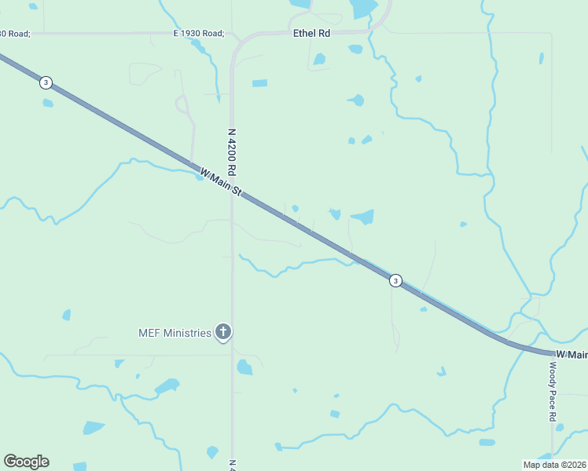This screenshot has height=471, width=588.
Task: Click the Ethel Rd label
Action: (x=311, y=35)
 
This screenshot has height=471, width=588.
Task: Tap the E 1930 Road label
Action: (x=199, y=34)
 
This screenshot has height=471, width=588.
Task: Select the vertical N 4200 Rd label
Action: (x=232, y=152)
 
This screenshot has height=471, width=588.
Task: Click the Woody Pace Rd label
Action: (x=553, y=391)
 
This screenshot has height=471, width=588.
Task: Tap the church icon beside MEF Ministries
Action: (x=223, y=333)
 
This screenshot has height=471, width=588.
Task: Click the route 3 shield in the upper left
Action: (x=47, y=82)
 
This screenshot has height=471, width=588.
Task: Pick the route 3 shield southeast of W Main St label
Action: (x=396, y=280)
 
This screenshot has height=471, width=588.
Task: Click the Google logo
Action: (x=26, y=462)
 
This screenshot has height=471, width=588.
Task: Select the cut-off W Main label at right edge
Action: (x=571, y=356)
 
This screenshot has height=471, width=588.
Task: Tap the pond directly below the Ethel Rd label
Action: (x=319, y=59)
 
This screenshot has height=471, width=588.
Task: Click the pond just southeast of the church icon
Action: (x=245, y=367)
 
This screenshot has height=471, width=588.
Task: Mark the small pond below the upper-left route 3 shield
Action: (x=48, y=103)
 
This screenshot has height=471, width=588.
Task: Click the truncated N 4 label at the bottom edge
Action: (x=232, y=464)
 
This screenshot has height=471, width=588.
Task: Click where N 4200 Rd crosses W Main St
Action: (x=233, y=192)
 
